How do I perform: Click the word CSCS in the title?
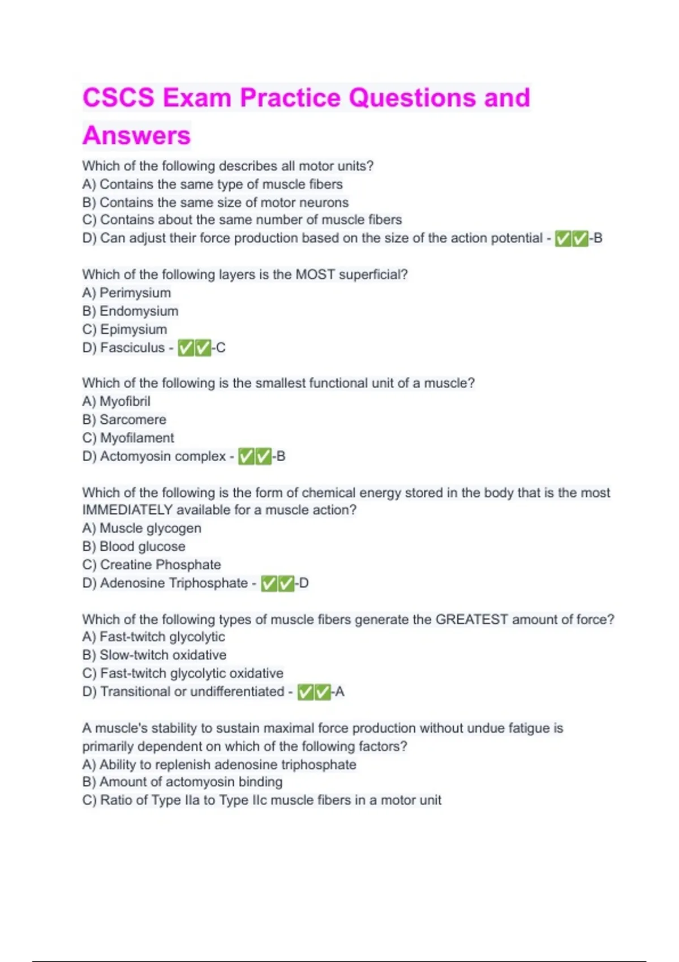pyautogui.click(x=118, y=97)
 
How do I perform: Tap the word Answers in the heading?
pyautogui.click(x=137, y=136)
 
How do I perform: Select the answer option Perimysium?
pyautogui.click(x=135, y=293)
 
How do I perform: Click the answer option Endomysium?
pyautogui.click(x=139, y=311)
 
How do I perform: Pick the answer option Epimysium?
pyautogui.click(x=134, y=329)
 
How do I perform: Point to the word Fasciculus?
pyautogui.click(x=132, y=347)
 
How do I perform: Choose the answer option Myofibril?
pyautogui.click(x=125, y=401)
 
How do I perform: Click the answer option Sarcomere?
pyautogui.click(x=133, y=419)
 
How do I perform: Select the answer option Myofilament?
pyautogui.click(x=137, y=438)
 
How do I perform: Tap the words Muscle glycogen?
pyautogui.click(x=151, y=528)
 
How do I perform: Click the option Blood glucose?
pyautogui.click(x=143, y=547)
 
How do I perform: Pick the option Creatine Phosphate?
pyautogui.click(x=160, y=565)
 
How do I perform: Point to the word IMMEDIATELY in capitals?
pyautogui.click(x=127, y=510)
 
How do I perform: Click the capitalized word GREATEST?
pyautogui.click(x=472, y=619)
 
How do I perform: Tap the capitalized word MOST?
pyautogui.click(x=316, y=274)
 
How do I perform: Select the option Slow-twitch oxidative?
pyautogui.click(x=163, y=655)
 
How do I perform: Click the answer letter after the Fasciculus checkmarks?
pyautogui.click(x=221, y=347)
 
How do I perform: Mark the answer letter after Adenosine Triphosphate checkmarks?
pyautogui.click(x=304, y=583)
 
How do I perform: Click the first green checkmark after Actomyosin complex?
pyautogui.click(x=246, y=456)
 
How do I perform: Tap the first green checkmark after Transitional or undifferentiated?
pyautogui.click(x=306, y=692)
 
